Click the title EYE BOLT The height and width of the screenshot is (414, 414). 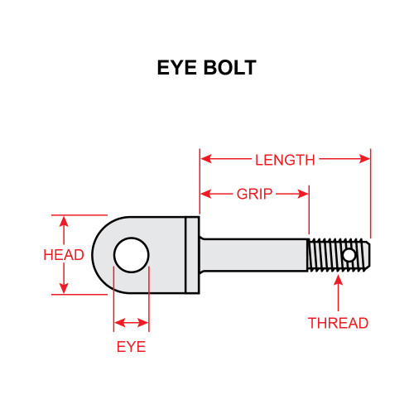(x=206, y=68)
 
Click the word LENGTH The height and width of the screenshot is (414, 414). (x=284, y=161)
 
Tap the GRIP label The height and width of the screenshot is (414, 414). (x=254, y=195)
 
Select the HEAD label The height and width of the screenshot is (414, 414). (x=63, y=255)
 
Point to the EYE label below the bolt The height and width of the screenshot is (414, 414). (x=131, y=346)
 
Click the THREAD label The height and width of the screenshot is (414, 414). (x=338, y=323)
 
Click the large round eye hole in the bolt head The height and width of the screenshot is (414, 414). (x=131, y=255)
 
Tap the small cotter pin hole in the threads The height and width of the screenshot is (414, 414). (x=350, y=255)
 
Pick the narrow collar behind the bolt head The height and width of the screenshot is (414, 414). (x=192, y=255)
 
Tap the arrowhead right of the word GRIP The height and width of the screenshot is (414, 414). (x=303, y=195)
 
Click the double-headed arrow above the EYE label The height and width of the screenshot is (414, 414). (x=131, y=322)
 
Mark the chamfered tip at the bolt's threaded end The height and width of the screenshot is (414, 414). (x=367, y=255)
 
